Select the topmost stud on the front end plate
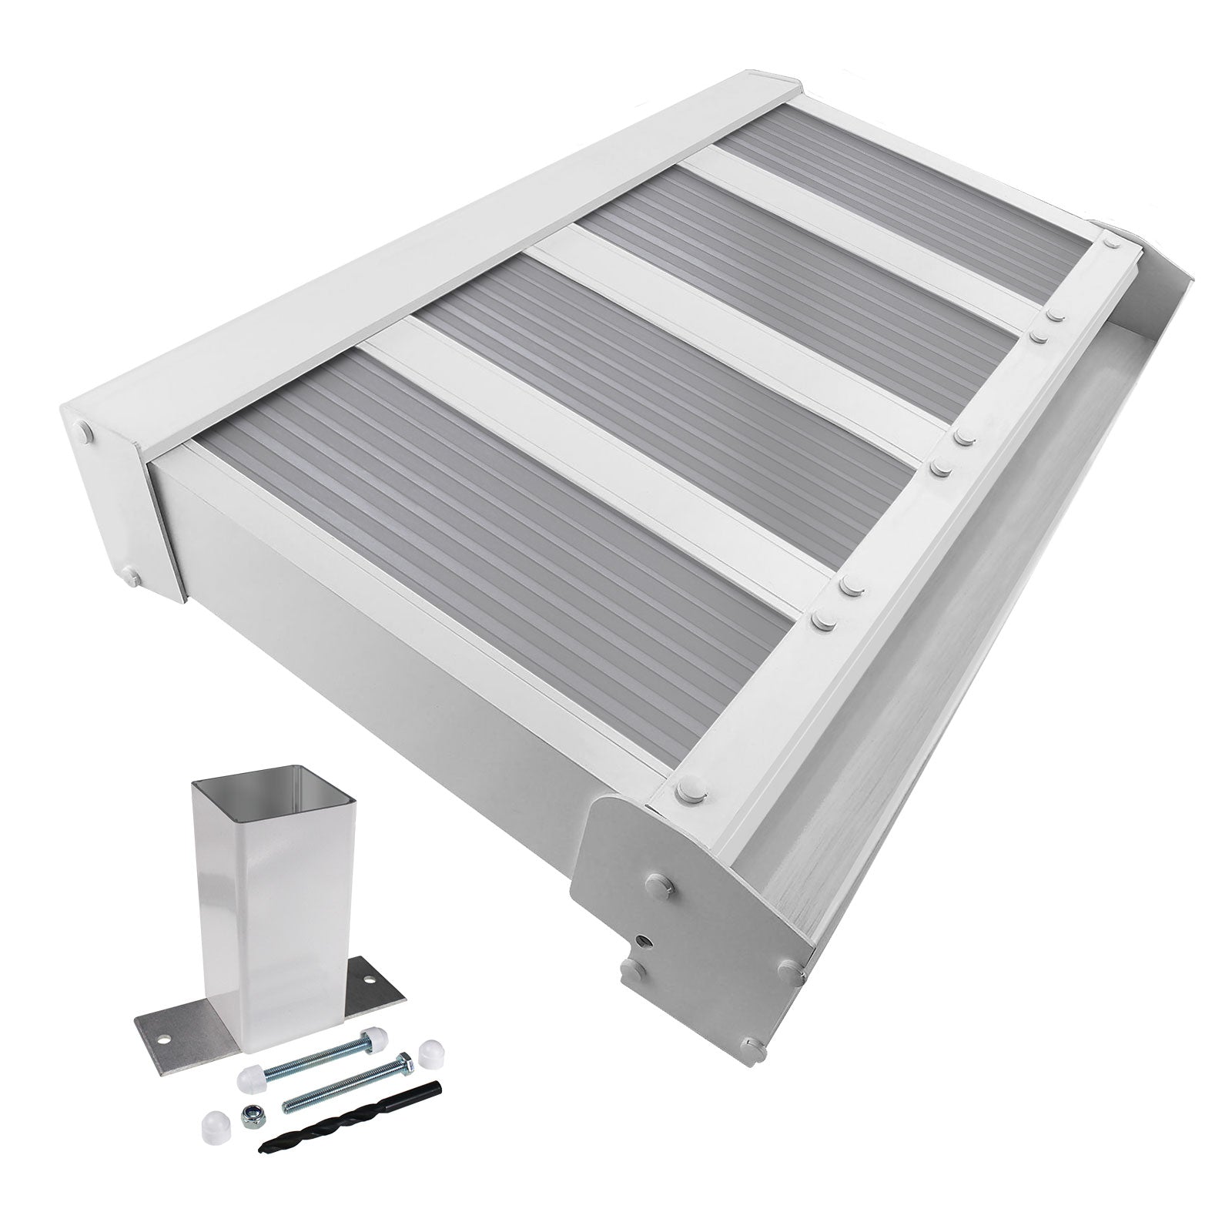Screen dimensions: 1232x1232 point(661,882)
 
